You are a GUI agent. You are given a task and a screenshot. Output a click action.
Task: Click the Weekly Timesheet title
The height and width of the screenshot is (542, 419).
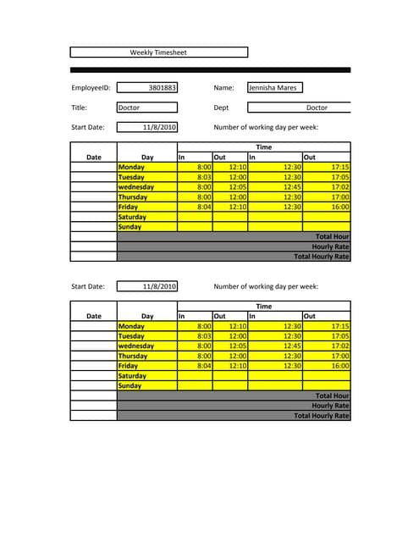pos(158,53)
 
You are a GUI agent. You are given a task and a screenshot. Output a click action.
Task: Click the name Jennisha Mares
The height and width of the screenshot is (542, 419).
pos(273,87)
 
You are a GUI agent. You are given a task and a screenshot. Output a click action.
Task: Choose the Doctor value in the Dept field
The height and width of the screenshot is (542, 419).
pos(317,108)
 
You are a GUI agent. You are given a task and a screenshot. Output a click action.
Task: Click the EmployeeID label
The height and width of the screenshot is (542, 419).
pos(91,87)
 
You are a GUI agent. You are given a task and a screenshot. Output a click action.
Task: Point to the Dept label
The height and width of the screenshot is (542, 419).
pos(222,108)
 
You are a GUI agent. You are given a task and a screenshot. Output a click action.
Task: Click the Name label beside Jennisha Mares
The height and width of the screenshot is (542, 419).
pos(223,87)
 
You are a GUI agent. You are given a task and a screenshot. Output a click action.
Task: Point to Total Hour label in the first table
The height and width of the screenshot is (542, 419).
pos(332,236)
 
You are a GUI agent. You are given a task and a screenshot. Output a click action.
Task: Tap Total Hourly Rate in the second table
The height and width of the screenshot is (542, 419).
pos(321,415)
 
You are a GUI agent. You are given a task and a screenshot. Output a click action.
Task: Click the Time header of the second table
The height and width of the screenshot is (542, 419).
pos(264,306)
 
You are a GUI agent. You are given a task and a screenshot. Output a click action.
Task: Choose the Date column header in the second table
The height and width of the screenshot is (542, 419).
pos(94,316)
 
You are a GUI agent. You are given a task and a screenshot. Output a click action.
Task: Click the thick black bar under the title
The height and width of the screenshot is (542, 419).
pos(210,69)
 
